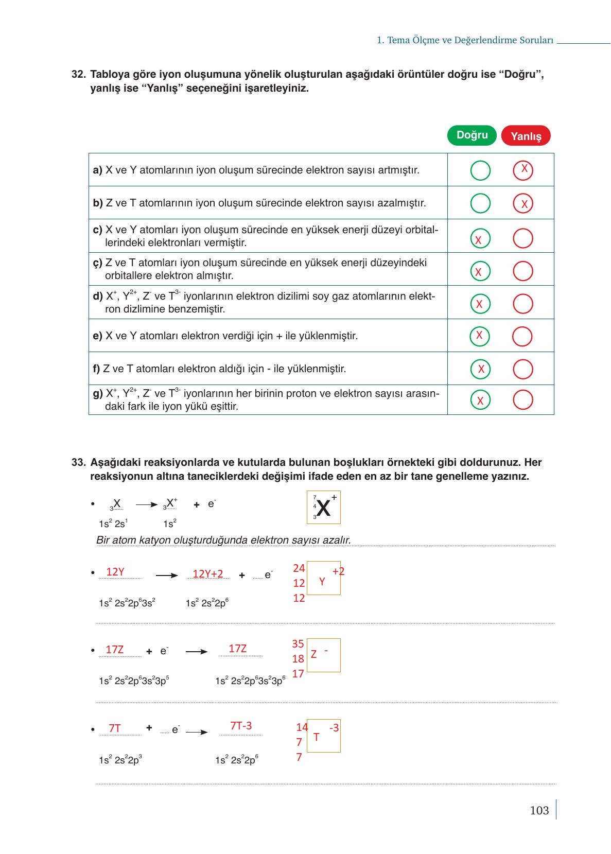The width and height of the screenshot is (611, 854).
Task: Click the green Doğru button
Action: pos(472,135)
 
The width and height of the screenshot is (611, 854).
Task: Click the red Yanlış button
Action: pos(526,136)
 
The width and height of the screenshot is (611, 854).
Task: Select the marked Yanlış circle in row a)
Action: pos(523,170)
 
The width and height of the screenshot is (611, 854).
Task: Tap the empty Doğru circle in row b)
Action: pos(480,203)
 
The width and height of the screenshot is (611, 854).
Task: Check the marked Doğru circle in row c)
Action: pos(480,238)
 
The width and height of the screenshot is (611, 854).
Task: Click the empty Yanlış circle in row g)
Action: pos(523,399)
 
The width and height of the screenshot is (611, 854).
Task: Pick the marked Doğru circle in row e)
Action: pos(480,336)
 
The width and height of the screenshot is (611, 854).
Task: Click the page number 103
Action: pos(539,810)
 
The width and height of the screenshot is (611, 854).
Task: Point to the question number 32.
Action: pos(78,75)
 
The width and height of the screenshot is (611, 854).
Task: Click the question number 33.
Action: pos(78,462)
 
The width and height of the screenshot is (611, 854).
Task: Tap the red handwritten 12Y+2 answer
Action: pos(208,574)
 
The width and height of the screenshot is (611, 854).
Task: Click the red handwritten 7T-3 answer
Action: pos(241,726)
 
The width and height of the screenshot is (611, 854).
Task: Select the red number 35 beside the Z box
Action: pos(298,643)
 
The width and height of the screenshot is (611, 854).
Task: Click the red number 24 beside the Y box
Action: pos(299,568)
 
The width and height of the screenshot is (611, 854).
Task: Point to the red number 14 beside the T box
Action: pos(302,727)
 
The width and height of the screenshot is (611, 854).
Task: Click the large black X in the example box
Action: pos(323,508)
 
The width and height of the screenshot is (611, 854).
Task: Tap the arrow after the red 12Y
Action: pos(167,576)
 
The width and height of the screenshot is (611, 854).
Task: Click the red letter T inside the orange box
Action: pos(316,737)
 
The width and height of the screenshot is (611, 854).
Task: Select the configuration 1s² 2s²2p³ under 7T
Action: pos(120,760)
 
